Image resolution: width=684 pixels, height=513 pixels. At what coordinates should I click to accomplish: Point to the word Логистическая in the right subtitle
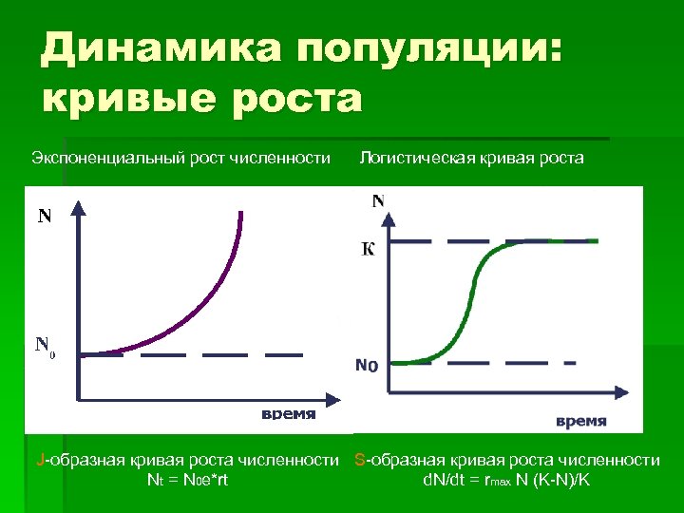coord(414,157)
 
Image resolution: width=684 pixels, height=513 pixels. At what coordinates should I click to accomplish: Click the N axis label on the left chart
coord(45,216)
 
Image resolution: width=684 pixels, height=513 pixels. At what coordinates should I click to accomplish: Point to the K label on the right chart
coord(367,250)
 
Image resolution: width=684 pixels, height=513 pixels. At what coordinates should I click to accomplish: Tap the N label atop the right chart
coord(378,200)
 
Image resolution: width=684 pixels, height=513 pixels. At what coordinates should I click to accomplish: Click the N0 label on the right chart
coord(367,364)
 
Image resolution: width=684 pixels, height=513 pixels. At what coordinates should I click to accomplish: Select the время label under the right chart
coord(580,421)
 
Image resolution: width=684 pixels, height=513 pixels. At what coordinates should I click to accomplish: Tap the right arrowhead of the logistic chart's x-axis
coord(624,390)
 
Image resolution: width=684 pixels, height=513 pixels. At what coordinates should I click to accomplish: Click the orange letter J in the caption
coord(39,461)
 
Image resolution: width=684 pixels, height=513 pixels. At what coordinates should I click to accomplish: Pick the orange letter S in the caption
coord(359,461)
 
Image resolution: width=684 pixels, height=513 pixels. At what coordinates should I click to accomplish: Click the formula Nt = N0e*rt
coord(187,480)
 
